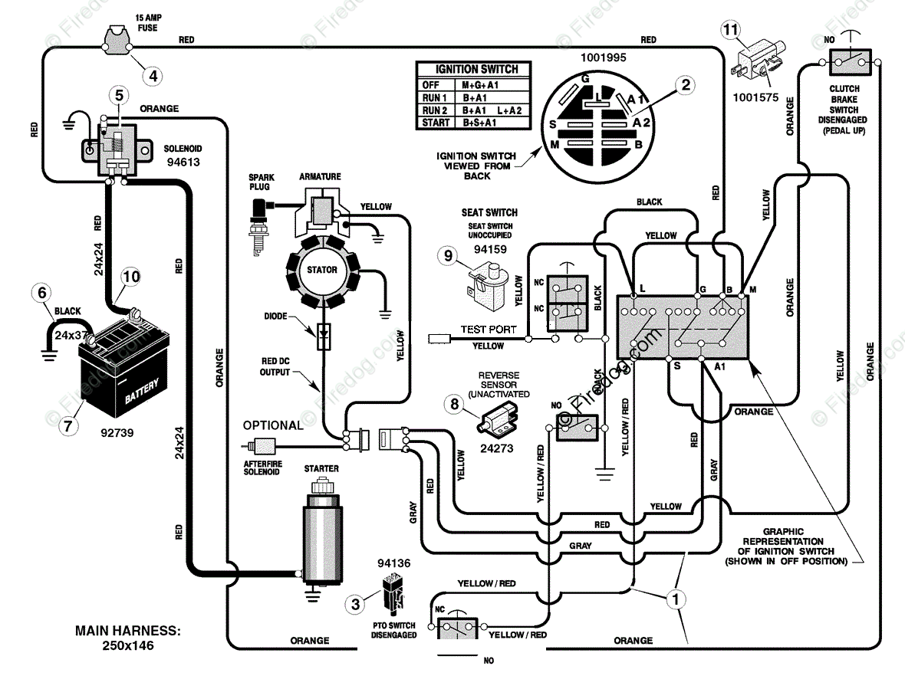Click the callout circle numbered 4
click(x=153, y=76)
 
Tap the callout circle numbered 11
click(x=731, y=29)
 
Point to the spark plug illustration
click(x=258, y=225)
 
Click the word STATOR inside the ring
click(x=322, y=269)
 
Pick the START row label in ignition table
click(x=435, y=123)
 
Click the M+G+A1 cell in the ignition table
click(x=480, y=85)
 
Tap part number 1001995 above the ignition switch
click(x=603, y=57)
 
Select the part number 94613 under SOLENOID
click(x=183, y=162)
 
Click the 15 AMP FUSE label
click(x=148, y=22)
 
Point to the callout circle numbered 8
click(x=455, y=405)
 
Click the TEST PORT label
click(x=489, y=330)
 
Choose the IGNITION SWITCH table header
click(x=477, y=69)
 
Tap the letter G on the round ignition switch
click(x=584, y=78)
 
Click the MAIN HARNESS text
click(x=127, y=631)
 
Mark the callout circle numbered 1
click(x=676, y=599)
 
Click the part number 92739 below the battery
click(x=117, y=432)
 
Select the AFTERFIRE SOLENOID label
click(x=262, y=468)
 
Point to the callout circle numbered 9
click(x=448, y=255)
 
